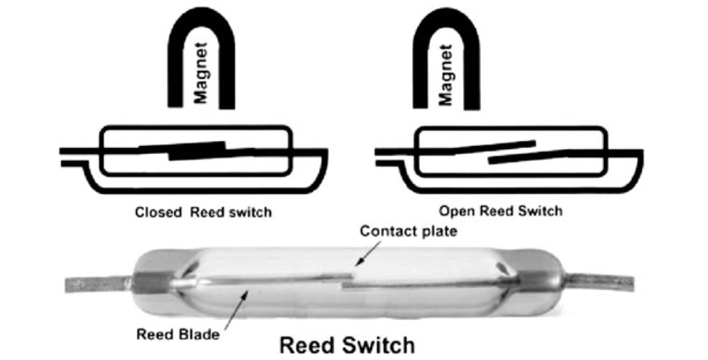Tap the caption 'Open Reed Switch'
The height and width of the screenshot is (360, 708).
[500, 212]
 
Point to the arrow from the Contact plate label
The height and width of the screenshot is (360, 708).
[364, 254]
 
